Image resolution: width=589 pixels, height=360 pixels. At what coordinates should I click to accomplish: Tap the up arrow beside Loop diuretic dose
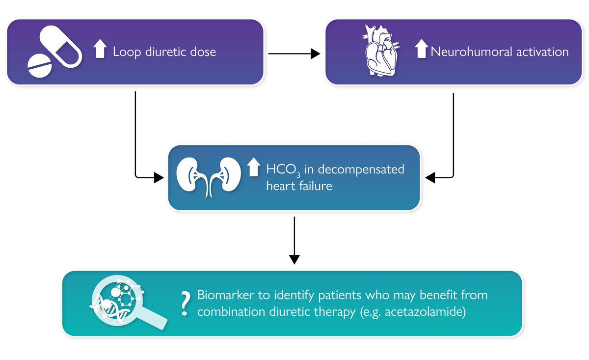point(100,50)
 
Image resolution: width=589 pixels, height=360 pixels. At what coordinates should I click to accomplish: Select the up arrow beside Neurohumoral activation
point(421,50)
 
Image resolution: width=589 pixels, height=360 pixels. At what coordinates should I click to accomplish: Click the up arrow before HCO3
point(253,167)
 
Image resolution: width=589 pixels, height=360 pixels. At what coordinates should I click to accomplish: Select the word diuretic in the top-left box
point(163,52)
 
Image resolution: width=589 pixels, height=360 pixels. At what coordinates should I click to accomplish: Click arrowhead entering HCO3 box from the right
point(430,178)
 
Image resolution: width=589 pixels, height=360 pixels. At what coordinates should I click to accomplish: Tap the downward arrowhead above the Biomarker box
point(294,259)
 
